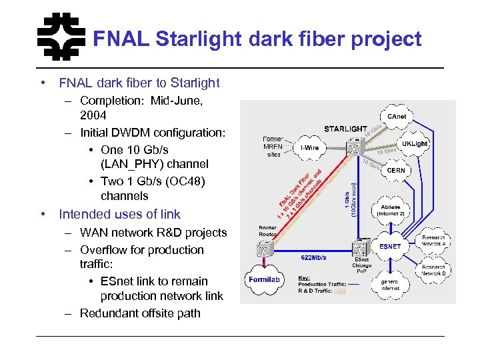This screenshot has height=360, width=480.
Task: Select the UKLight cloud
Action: click(x=414, y=144)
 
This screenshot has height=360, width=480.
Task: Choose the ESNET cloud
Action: click(x=390, y=246)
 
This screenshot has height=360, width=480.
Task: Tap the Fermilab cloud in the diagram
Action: click(x=267, y=280)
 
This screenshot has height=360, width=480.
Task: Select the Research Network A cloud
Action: click(x=433, y=241)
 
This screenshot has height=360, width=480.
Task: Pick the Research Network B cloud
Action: click(x=433, y=270)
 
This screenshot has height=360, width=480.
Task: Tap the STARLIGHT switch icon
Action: click(x=351, y=146)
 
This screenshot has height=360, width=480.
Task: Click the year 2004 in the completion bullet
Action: click(x=94, y=115)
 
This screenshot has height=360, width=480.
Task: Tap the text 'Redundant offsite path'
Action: click(x=140, y=313)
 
